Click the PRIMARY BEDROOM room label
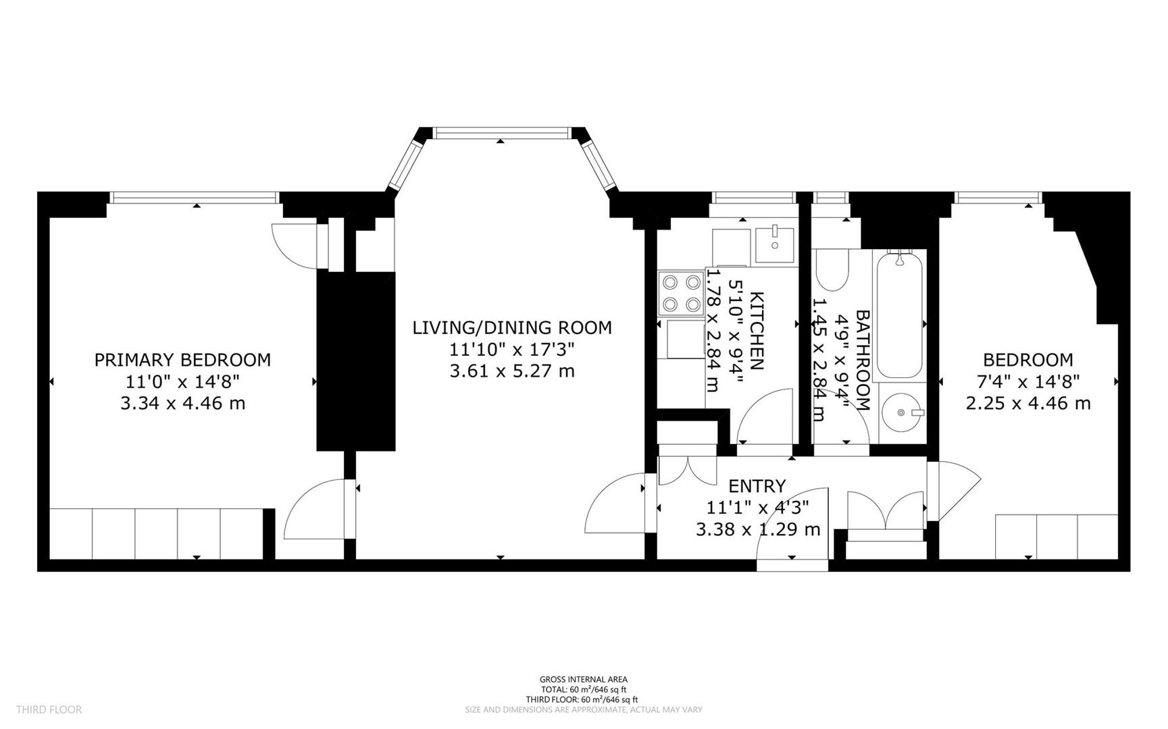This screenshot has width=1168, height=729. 182,360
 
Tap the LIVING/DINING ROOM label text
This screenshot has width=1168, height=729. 512,327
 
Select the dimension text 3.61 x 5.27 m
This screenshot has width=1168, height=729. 512,371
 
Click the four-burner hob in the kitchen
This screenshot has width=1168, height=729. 681,293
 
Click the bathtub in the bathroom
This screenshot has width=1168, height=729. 898,315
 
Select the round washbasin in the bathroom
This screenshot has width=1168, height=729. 902,412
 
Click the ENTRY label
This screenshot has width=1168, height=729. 757,486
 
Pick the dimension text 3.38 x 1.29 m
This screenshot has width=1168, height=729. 758,529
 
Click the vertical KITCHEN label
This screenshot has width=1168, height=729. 757,331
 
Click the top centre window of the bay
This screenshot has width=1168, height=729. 501,134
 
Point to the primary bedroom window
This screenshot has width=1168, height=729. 195,198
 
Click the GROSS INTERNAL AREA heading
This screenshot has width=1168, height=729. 583,680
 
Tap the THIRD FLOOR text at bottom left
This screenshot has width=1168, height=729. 49,709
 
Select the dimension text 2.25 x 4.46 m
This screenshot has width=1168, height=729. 1027,404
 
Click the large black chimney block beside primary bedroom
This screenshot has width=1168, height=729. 355,361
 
